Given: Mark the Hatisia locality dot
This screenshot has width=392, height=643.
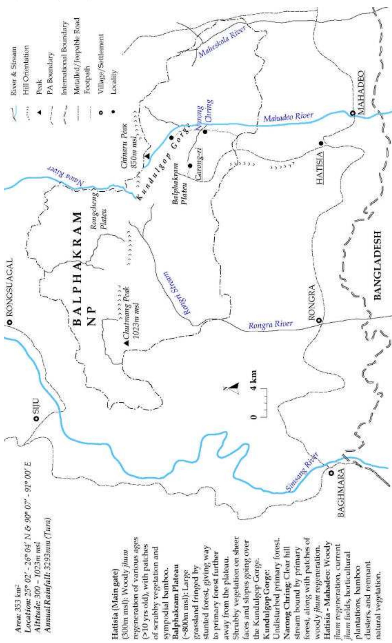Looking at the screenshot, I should [321, 143].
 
